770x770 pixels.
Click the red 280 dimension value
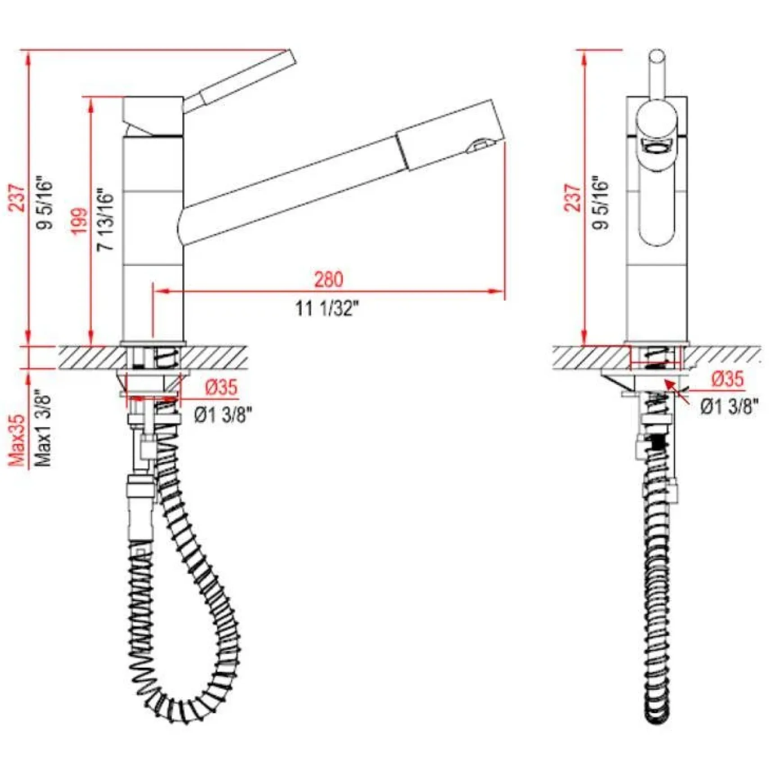[x=328, y=279]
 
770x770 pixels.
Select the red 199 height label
[x=80, y=221]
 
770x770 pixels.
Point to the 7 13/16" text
[x=106, y=220]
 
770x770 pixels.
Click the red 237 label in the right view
[x=573, y=198]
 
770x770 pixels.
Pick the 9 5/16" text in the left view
[x=45, y=202]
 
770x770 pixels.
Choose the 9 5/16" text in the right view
[x=600, y=202]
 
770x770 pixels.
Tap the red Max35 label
[x=17, y=440]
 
